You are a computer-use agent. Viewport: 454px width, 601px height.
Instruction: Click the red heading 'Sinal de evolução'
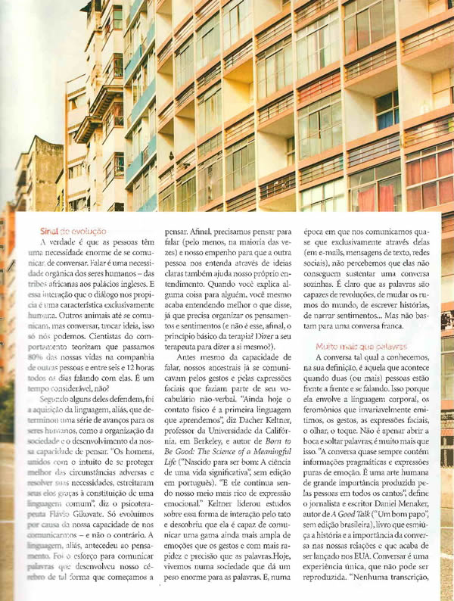coord(73,230)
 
